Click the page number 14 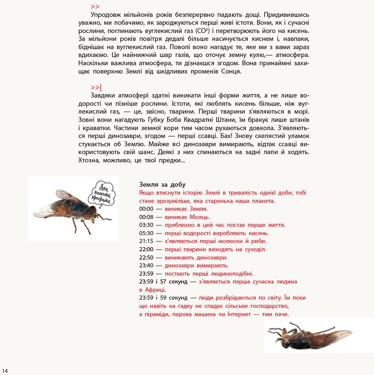[x=5, y=366]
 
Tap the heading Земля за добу [x=162, y=184]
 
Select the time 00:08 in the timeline [x=146, y=217]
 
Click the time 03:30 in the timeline [x=146, y=225]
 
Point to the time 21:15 [x=146, y=241]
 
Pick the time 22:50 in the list [x=146, y=257]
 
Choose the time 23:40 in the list [x=146, y=265]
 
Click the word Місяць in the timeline [x=199, y=217]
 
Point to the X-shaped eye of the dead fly [x=287, y=340]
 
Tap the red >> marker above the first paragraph [x=95, y=7]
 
